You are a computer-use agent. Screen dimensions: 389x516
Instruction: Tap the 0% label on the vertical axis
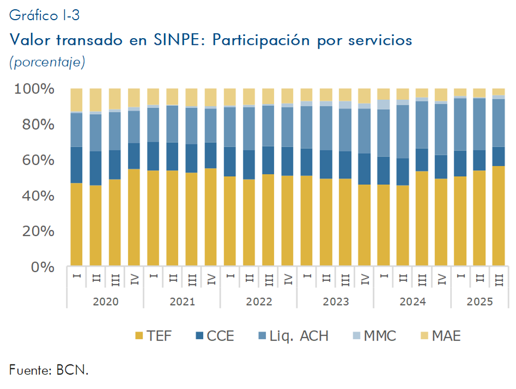point(42,267)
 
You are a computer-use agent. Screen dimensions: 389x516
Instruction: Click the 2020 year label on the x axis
point(105,301)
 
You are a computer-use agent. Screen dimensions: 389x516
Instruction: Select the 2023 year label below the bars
point(335,301)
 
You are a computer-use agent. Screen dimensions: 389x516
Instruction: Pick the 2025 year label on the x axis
point(479,301)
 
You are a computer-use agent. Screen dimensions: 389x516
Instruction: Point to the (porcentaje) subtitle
point(47,62)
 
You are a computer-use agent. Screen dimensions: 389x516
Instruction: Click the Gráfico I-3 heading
point(44,15)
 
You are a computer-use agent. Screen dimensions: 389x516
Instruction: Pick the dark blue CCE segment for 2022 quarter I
point(229,161)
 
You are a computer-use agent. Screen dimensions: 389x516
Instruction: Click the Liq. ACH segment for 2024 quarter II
point(402,131)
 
